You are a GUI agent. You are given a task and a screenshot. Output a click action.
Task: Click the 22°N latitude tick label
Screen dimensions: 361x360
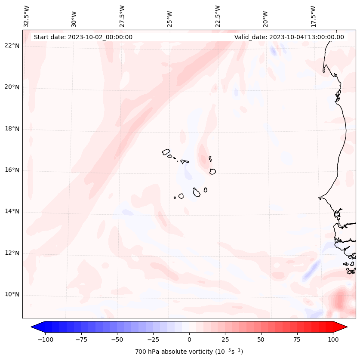pos(12,46)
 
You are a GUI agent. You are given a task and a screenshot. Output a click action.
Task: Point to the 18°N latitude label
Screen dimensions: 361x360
pos(12,129)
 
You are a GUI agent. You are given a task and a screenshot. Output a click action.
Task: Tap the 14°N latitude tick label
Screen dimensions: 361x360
pos(12,212)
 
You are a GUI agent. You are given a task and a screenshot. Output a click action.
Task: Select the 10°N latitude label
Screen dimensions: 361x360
pos(12,295)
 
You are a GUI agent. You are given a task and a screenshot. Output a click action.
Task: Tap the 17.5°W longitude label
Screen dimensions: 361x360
pos(313,15)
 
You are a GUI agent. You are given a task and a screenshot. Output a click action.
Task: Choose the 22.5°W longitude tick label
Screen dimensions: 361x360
pos(218,15)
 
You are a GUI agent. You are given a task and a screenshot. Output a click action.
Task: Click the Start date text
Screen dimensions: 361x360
pos(83,37)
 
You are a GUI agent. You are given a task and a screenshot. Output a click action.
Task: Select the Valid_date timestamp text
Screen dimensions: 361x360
pos(289,37)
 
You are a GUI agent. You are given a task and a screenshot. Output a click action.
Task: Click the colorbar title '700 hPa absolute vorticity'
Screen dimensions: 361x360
pos(189,352)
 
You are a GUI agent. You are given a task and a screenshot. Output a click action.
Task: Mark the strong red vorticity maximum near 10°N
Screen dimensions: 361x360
pos(341,298)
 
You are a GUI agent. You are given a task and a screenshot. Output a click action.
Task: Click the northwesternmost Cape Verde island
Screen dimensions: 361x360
pos(166,152)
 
